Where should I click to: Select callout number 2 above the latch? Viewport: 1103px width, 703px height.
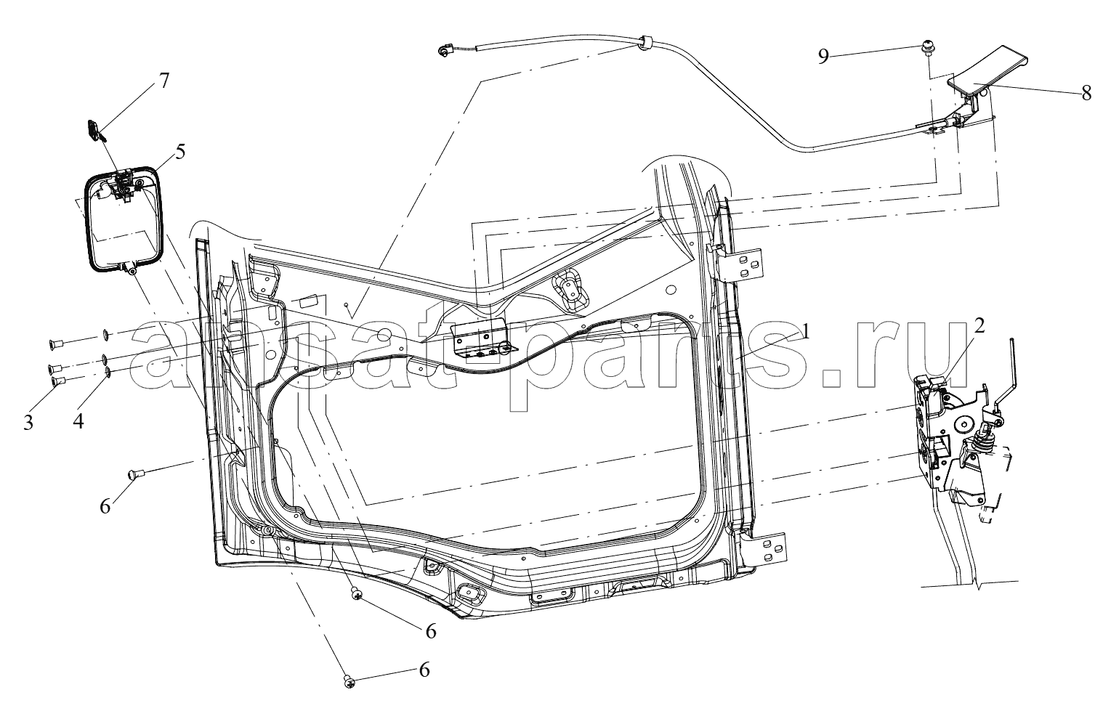click(x=979, y=326)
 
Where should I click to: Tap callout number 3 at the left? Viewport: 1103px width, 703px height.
click(x=28, y=423)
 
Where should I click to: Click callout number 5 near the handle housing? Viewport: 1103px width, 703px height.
click(x=179, y=152)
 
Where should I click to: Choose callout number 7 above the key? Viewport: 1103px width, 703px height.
click(x=164, y=80)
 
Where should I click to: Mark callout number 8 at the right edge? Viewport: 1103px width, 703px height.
click(x=1086, y=93)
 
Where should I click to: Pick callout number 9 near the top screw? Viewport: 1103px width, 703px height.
click(x=823, y=56)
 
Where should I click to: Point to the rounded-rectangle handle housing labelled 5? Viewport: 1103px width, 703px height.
click(x=123, y=218)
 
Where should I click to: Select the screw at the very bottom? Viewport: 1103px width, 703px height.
click(x=348, y=681)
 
